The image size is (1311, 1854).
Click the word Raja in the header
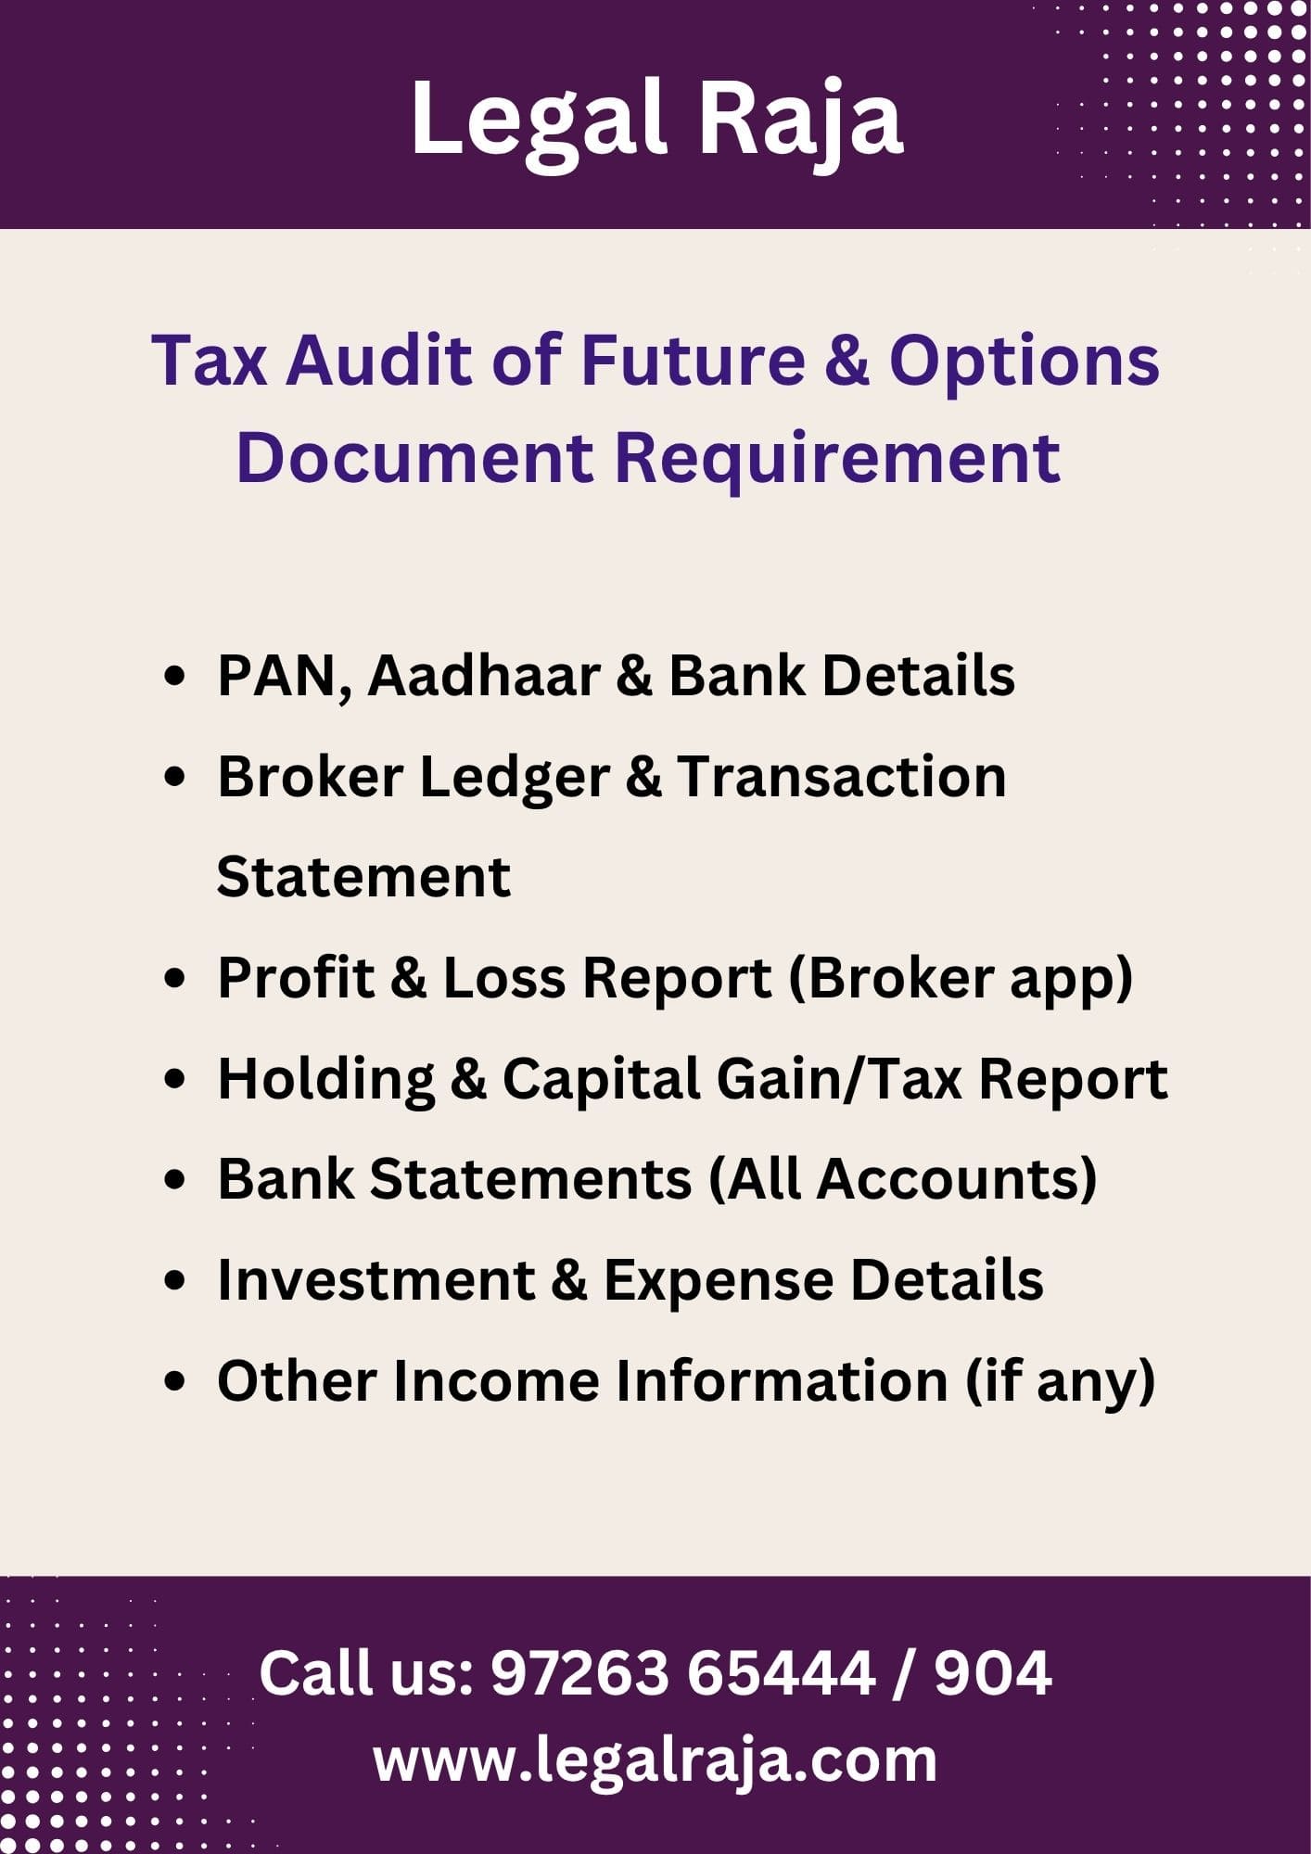click(x=799, y=121)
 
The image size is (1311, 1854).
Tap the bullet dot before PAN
click(x=174, y=677)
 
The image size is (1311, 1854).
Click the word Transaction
click(x=842, y=776)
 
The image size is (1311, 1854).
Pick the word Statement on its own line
click(x=363, y=877)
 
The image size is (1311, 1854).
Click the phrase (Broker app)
click(x=961, y=980)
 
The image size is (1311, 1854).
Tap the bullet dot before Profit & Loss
click(x=174, y=979)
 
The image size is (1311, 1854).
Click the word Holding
click(x=326, y=1081)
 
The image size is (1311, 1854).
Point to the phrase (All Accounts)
click(x=903, y=1180)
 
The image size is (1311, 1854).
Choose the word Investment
click(x=376, y=1280)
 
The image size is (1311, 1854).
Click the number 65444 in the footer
click(x=782, y=1673)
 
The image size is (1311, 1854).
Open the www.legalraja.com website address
click(x=655, y=1761)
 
